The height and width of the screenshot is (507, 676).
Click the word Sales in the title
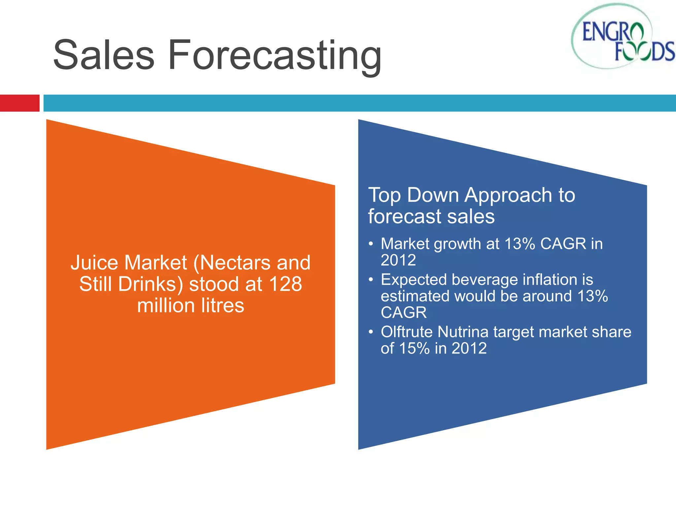[104, 55]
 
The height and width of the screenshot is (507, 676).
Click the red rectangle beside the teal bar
[19, 103]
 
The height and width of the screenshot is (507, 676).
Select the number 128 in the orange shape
[285, 284]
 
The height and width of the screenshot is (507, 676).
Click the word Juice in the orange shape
[94, 263]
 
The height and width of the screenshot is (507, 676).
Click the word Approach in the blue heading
[508, 195]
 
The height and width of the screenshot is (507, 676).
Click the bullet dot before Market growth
[371, 244]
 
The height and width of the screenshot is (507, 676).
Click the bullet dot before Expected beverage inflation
[371, 280]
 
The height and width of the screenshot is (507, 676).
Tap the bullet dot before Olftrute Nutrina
[371, 332]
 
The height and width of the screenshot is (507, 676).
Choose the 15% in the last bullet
[414, 349]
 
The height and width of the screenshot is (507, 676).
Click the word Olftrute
[406, 332]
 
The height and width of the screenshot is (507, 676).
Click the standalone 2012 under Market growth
[398, 260]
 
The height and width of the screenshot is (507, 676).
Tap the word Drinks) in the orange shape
[151, 284]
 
